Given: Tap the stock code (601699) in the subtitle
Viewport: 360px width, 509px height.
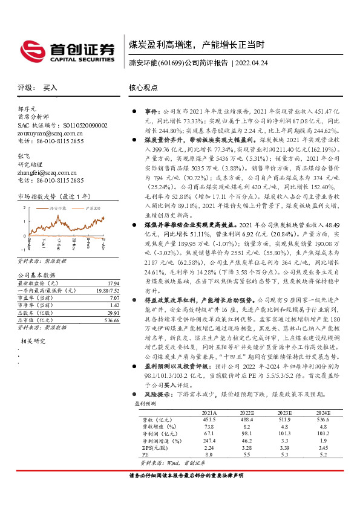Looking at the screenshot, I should pyautogui.click(x=170, y=63).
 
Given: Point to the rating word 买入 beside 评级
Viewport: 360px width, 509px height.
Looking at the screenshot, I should pyautogui.click(x=50, y=88).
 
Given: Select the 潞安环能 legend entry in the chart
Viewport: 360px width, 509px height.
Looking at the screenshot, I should pyautogui.click(x=57, y=207).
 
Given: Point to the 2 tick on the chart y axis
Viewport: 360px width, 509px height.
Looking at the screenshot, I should pyautogui.click(x=25, y=208).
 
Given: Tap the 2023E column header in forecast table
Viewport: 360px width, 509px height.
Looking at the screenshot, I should pyautogui.click(x=284, y=412).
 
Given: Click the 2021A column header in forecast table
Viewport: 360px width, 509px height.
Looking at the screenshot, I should pyautogui.click(x=209, y=412).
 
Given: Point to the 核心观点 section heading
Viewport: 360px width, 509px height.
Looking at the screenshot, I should pyautogui.click(x=143, y=88).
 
